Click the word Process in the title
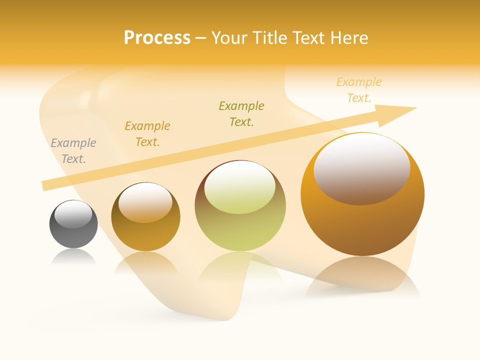[157, 38]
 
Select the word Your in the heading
[228, 38]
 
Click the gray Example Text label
[73, 150]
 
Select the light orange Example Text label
[359, 89]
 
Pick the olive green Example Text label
[241, 113]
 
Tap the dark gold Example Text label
[147, 133]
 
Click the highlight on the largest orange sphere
[362, 168]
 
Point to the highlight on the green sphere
[240, 187]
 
